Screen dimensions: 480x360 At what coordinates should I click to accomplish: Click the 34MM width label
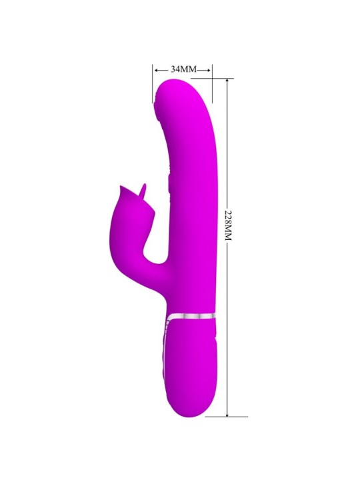coord(182,69)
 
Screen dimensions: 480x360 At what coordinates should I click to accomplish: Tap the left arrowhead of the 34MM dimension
coord(155,69)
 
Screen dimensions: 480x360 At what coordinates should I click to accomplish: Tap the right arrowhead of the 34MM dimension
coord(209,69)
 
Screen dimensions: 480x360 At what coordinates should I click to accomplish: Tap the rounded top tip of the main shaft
coord(175,85)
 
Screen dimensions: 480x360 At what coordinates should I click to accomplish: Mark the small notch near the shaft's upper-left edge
coord(156,103)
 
